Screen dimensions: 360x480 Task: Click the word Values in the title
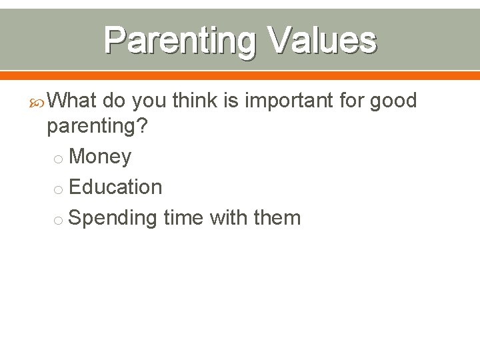click(322, 41)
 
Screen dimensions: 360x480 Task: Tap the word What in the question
click(73, 101)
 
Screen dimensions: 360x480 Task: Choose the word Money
click(100, 157)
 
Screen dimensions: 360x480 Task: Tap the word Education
click(115, 187)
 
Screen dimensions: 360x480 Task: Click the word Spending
click(113, 218)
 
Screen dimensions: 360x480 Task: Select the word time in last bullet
click(183, 217)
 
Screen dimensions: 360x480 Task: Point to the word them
click(277, 217)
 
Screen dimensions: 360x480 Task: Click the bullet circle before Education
click(59, 189)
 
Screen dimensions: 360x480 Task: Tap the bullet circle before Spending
click(59, 219)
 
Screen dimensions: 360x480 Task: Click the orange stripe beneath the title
click(240, 75)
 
